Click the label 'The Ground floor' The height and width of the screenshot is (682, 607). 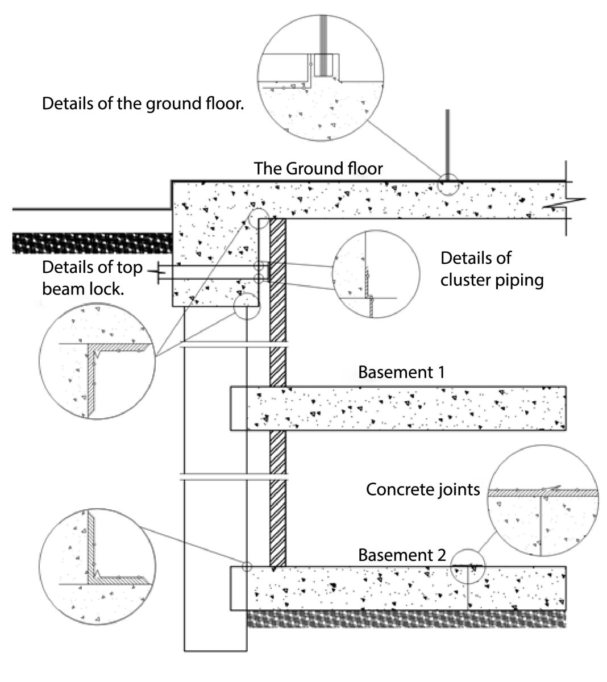pos(318,168)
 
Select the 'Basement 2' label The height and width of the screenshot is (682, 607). pos(402,555)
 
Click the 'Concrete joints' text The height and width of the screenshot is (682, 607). pos(423,489)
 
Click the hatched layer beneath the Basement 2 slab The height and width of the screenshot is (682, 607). pos(406,619)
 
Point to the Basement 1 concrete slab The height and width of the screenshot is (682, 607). pos(398,408)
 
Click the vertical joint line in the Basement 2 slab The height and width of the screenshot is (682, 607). pos(468,591)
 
